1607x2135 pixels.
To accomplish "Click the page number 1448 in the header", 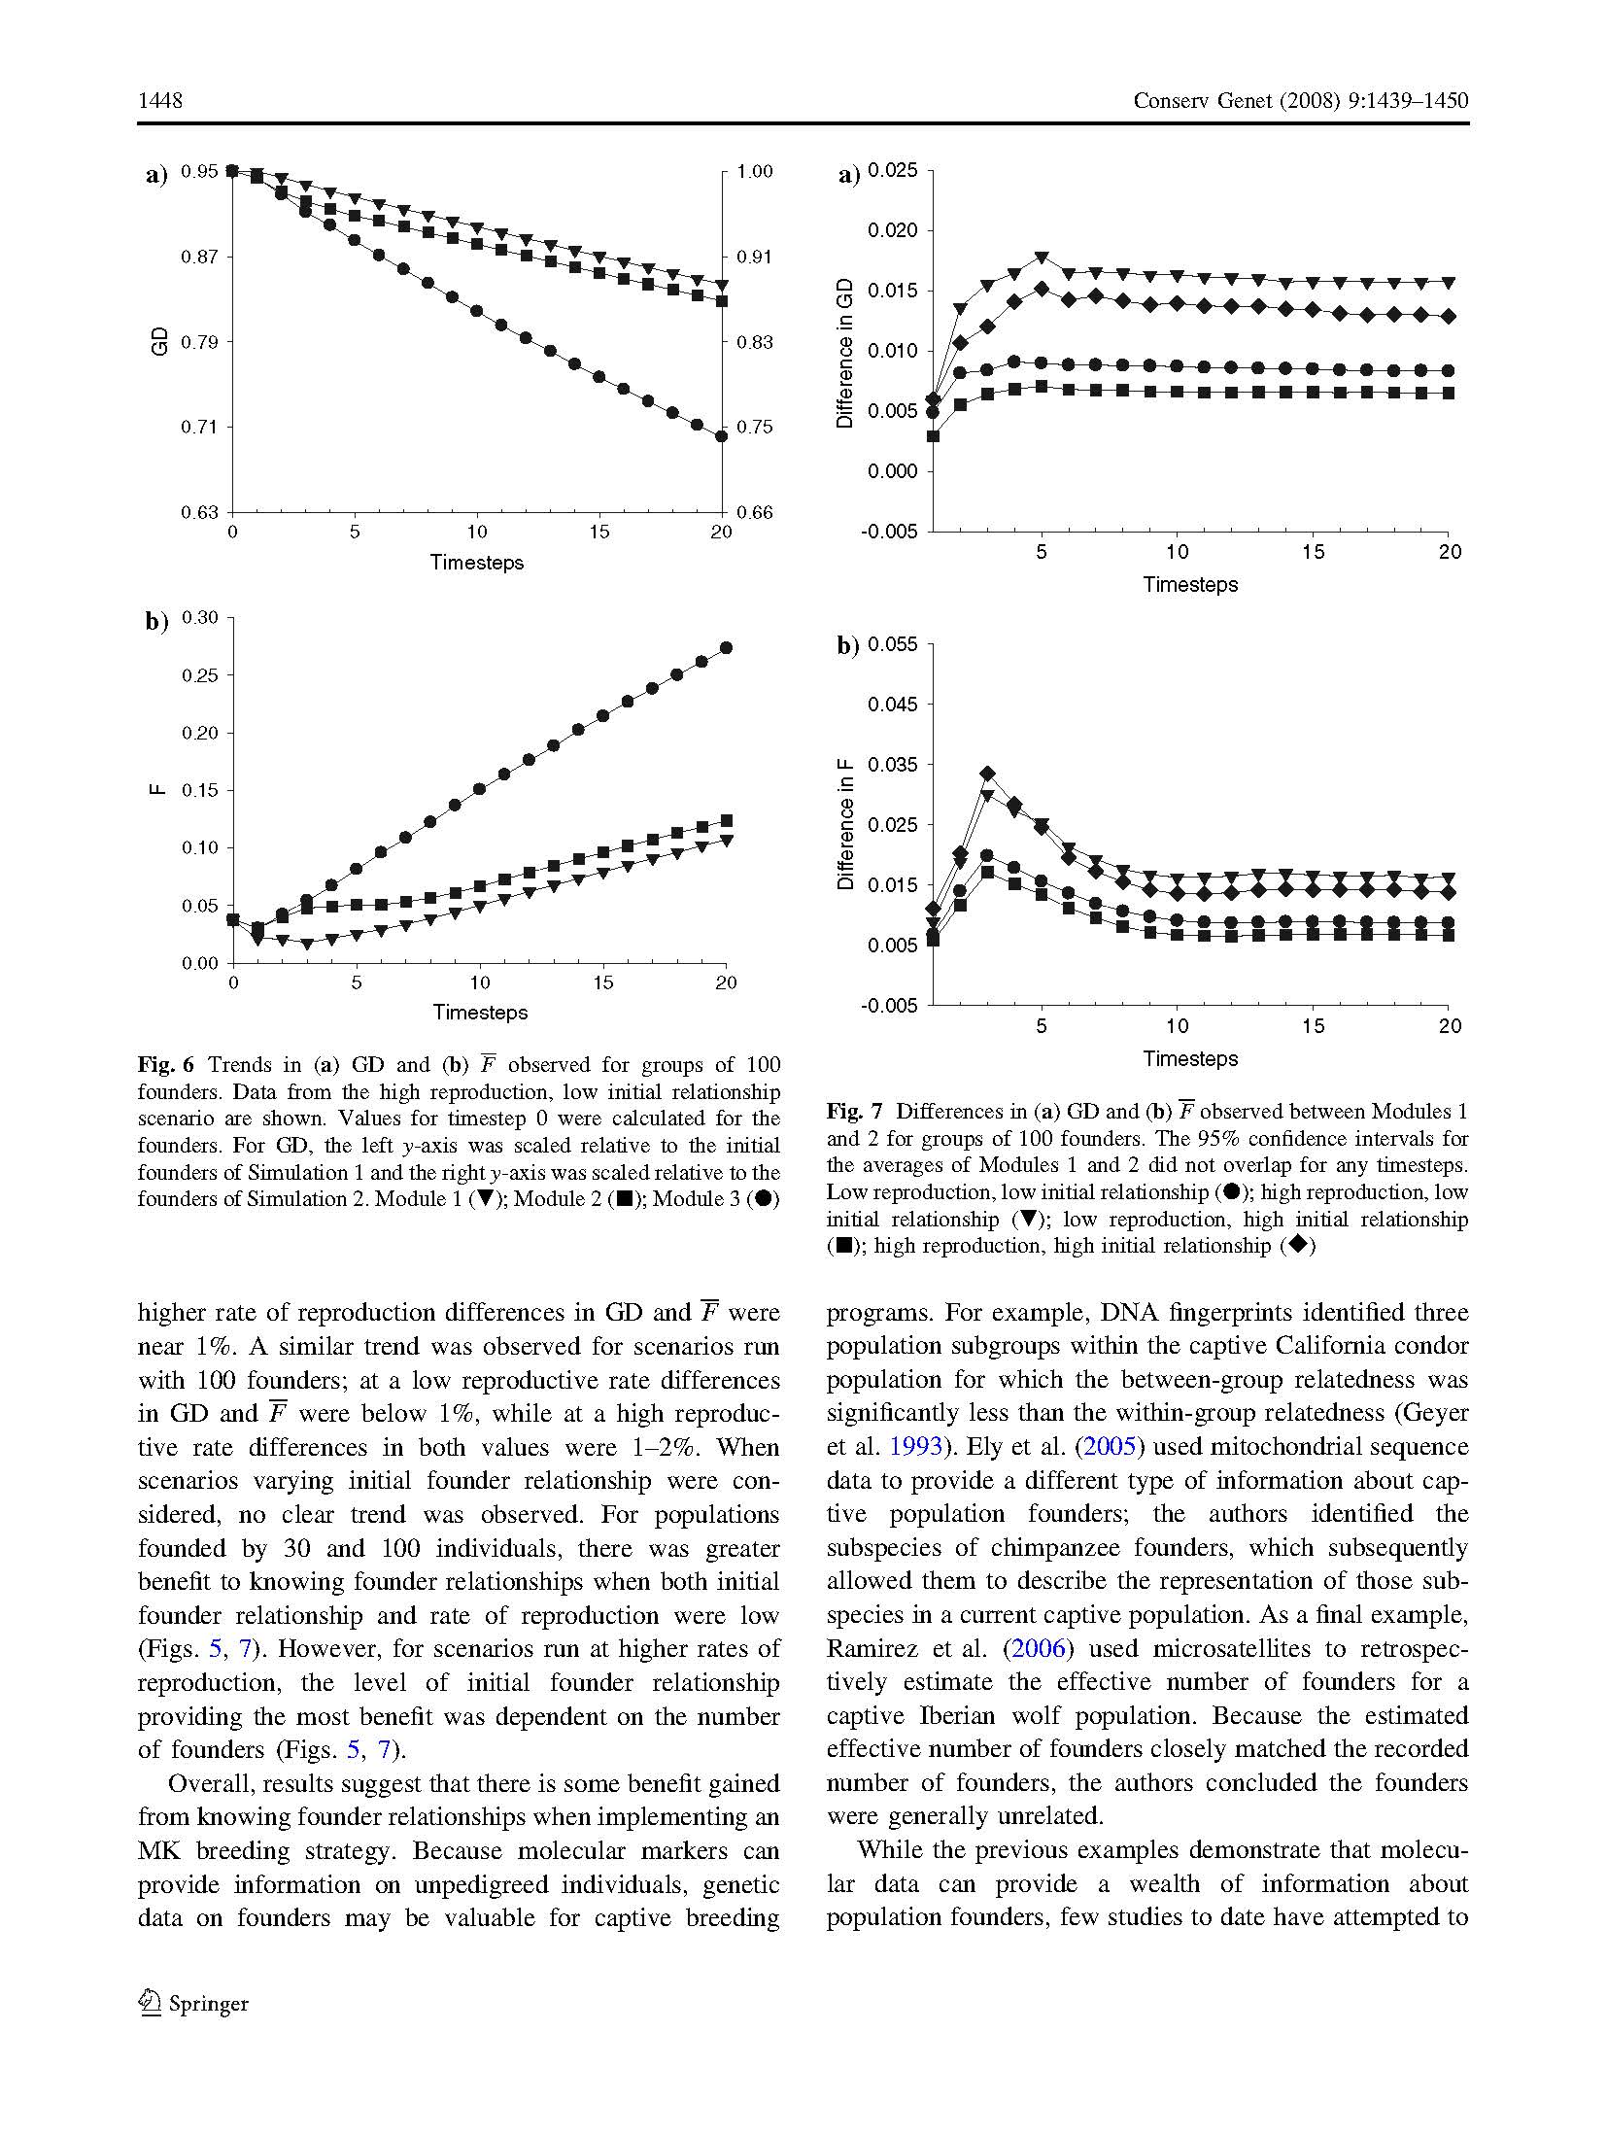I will pos(160,101).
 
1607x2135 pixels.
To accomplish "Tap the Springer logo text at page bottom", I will pos(208,2004).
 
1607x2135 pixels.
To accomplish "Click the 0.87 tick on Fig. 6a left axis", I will pos(199,258).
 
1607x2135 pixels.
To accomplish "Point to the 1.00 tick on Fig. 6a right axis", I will pos(755,172).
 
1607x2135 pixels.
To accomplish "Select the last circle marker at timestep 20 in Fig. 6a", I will pos(721,436).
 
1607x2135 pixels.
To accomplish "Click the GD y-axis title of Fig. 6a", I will pos(161,341).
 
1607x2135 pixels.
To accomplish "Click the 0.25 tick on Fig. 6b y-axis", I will pos(200,675).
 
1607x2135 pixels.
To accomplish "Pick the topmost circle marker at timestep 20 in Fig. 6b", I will pos(726,648).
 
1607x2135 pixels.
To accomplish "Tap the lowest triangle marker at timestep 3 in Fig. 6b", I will pos(307,944).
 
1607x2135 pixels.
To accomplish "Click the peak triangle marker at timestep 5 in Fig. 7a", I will pos(1042,258).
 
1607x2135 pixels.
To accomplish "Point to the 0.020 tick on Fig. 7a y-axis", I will pos(892,231).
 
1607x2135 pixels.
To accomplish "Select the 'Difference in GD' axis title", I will pos(844,353).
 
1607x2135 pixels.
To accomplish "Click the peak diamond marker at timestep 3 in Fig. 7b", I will pos(988,774).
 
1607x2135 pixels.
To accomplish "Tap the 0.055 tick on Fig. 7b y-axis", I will pos(892,645).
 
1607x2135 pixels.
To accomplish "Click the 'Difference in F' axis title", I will pos(845,826).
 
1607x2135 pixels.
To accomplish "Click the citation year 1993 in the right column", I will pos(915,1446).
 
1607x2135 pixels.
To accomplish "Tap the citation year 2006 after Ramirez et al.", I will pos(1038,1648).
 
